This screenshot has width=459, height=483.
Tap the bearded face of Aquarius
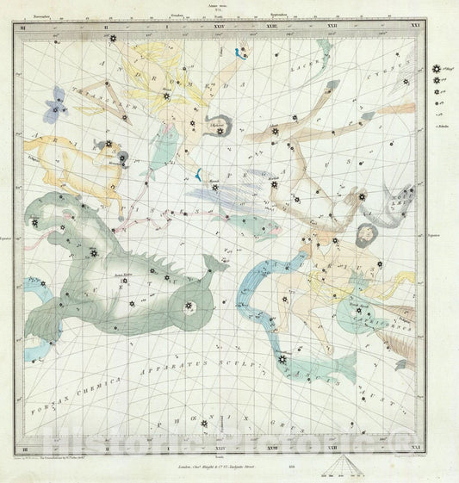366,232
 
